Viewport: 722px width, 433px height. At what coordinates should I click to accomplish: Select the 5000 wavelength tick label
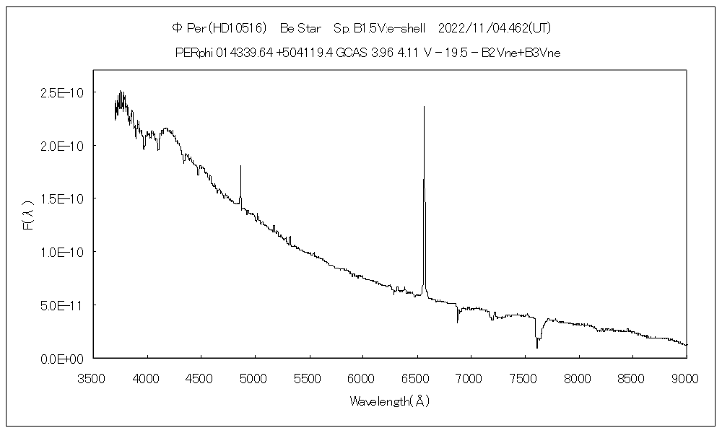[x=255, y=377]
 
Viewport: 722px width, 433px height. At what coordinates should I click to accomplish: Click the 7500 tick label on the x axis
[x=523, y=377]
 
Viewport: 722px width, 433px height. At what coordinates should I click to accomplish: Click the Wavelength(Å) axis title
[x=390, y=401]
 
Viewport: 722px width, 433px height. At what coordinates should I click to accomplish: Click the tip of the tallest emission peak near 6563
[x=424, y=107]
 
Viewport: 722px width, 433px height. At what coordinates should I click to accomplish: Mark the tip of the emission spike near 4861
[x=240, y=166]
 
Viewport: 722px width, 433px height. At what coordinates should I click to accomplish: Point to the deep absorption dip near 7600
[x=536, y=347]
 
